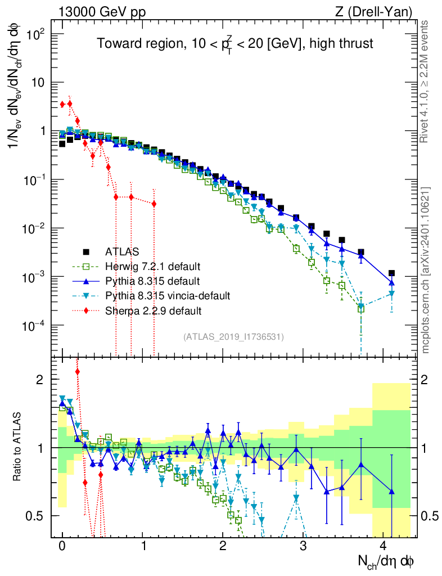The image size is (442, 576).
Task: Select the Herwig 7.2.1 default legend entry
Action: click(152, 265)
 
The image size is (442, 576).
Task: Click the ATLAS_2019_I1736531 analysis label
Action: click(233, 336)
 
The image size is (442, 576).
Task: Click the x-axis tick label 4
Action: click(384, 546)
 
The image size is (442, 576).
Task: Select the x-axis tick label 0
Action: click(62, 546)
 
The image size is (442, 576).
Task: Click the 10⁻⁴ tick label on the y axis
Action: click(36, 326)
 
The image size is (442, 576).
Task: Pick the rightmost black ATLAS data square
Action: click(391, 273)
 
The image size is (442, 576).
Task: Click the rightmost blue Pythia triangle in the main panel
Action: click(391, 282)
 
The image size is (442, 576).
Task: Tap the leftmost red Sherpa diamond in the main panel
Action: click(62, 104)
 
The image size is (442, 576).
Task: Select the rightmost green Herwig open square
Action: click(361, 308)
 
